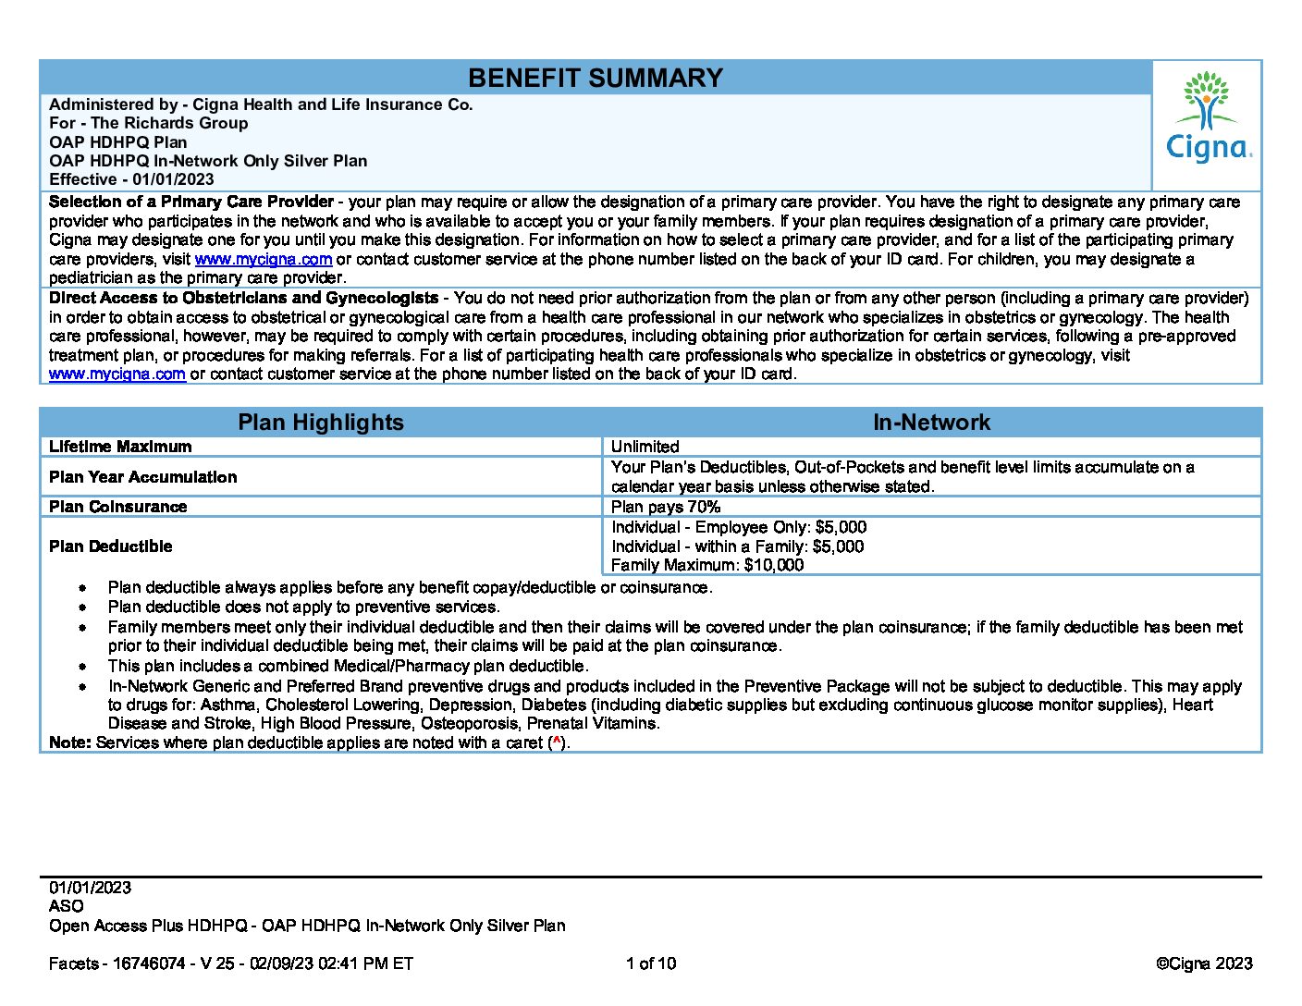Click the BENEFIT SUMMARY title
[x=595, y=79]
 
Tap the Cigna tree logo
[x=1206, y=100]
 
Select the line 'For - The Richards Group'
[x=148, y=123]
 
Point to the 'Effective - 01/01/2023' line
[x=131, y=179]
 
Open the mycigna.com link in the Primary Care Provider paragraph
[x=263, y=259]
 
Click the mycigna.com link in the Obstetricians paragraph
[x=117, y=374]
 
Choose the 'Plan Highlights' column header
[x=321, y=423]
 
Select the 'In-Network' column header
[x=931, y=423]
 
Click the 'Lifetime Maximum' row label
[x=120, y=447]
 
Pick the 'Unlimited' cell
[x=645, y=447]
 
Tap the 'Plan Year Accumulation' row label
[x=142, y=477]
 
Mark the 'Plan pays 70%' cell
[x=665, y=507]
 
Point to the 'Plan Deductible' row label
[x=110, y=546]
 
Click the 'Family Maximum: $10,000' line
[x=707, y=565]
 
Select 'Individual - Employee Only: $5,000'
[x=739, y=527]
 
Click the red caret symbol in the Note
[x=556, y=742]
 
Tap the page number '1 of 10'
[x=651, y=963]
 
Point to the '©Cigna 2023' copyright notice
[x=1204, y=963]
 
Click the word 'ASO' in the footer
[x=66, y=906]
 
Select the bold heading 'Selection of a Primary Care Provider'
[x=190, y=202]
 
